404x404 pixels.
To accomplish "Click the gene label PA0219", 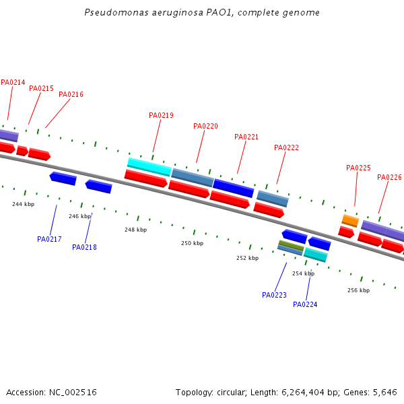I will tap(161, 115).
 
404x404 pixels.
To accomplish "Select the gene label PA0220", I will tap(205, 126).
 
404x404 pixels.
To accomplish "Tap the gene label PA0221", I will tap(246, 137).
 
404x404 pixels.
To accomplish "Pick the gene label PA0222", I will tap(286, 147).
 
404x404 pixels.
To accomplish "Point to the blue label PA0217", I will tap(49, 239).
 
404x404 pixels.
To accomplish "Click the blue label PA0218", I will tap(84, 247).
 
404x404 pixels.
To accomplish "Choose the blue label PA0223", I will tap(274, 295).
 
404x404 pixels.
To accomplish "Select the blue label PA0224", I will tap(305, 304).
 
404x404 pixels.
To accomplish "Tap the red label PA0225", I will tap(358, 168).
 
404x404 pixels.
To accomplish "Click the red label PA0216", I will tap(71, 94).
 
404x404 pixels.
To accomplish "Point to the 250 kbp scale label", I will tap(192, 243).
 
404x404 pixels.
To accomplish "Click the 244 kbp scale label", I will tap(23, 204).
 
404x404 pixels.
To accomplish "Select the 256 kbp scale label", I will tap(358, 290).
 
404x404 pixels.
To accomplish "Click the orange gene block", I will tap(350, 220).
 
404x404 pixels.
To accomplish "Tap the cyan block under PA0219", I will tap(149, 165).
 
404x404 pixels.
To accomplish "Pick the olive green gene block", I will tap(291, 245).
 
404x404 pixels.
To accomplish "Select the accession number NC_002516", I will tap(73, 392).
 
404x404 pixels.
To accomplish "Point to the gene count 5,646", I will tap(384, 392).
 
